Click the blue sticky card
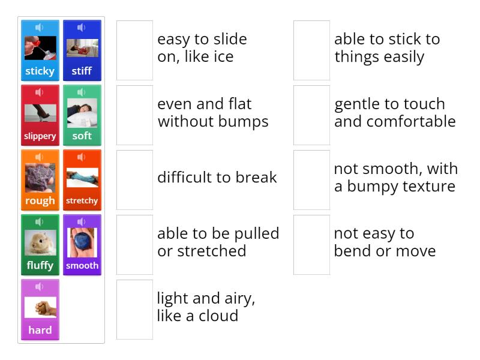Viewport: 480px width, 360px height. pyautogui.click(x=40, y=50)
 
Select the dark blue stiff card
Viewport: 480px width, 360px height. pyautogui.click(x=82, y=50)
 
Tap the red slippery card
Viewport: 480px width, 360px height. pyautogui.click(x=40, y=115)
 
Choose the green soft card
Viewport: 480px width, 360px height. pyautogui.click(x=82, y=115)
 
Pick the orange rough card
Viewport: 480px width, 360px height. pyautogui.click(x=40, y=180)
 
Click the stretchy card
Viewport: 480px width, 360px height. pyautogui.click(x=82, y=180)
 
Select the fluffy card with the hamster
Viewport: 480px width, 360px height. pyautogui.click(x=40, y=245)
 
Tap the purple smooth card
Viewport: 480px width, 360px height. pyautogui.click(x=82, y=245)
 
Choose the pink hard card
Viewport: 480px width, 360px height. pyautogui.click(x=40, y=310)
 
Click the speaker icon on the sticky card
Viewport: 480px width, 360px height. pyautogui.click(x=40, y=28)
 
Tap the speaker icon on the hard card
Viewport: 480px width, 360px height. pyautogui.click(x=40, y=287)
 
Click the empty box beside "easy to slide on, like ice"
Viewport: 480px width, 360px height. pyautogui.click(x=134, y=50)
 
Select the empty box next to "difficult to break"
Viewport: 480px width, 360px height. pyautogui.click(x=134, y=180)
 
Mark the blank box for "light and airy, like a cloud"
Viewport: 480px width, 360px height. pyautogui.click(x=134, y=310)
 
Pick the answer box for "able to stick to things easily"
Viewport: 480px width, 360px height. pyautogui.click(x=311, y=50)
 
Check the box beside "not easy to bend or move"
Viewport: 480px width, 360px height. pyautogui.click(x=311, y=245)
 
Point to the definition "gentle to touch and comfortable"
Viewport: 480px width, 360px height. pyautogui.click(x=395, y=113)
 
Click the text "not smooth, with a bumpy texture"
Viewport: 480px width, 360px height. pyautogui.click(x=395, y=178)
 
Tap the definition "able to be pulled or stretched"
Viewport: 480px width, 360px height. pyautogui.click(x=218, y=242)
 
